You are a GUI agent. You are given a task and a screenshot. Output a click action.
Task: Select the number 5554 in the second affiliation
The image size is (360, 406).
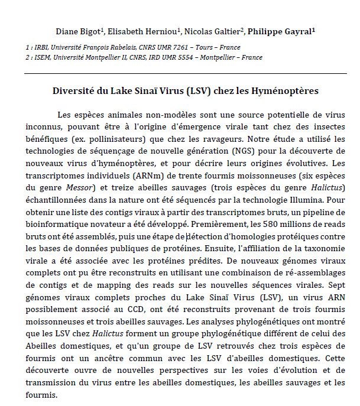[x=196, y=57]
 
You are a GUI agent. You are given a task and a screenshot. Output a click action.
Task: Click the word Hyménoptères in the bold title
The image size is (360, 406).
[x=287, y=92]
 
